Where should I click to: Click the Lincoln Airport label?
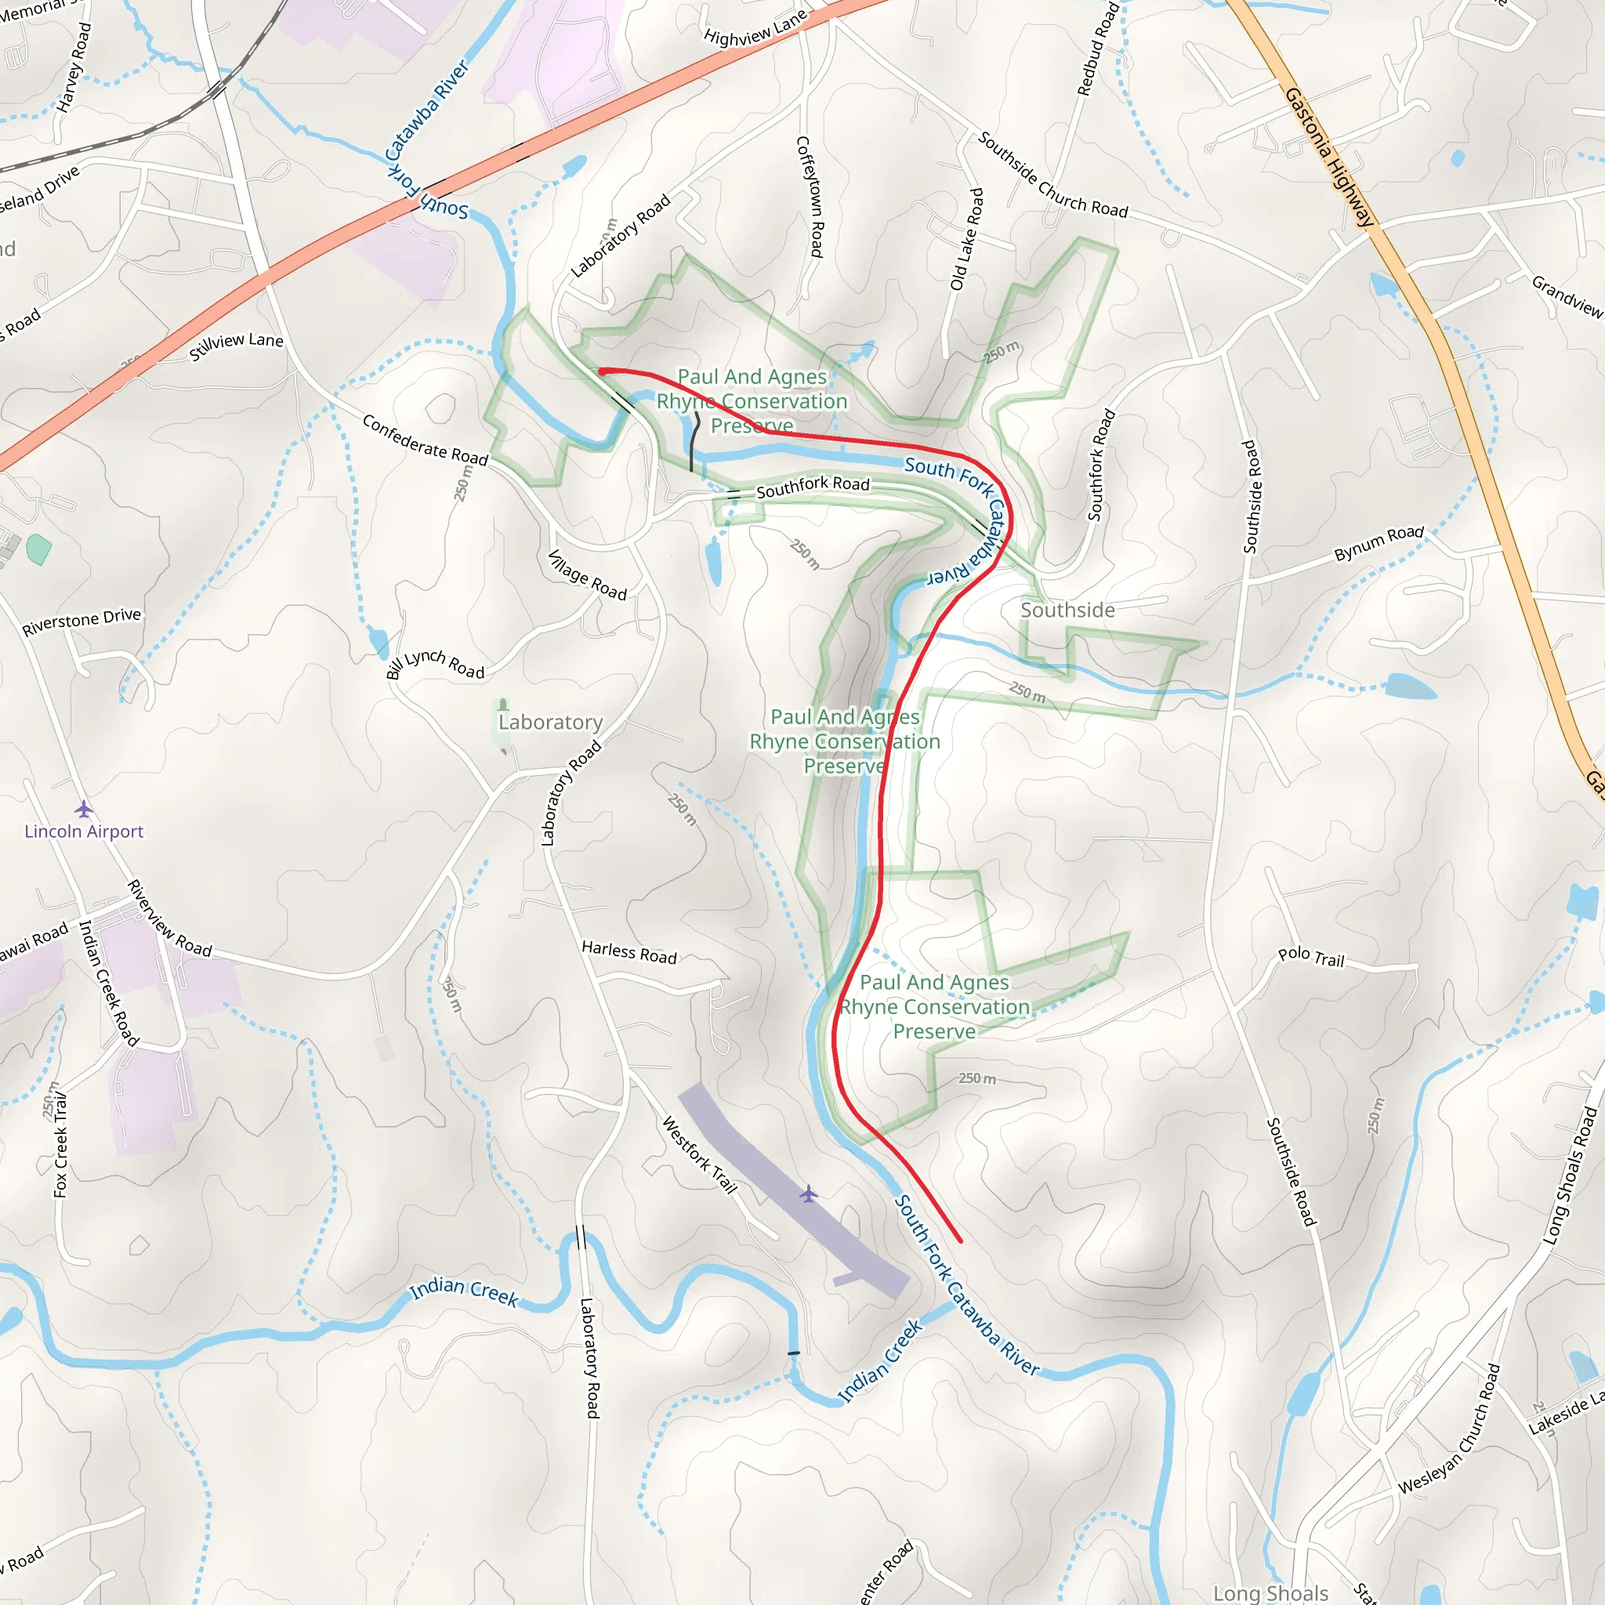pyautogui.click(x=83, y=831)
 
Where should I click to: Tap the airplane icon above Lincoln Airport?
pyautogui.click(x=83, y=808)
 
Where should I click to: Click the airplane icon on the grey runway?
pyautogui.click(x=808, y=1194)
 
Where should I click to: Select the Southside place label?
pyautogui.click(x=1067, y=610)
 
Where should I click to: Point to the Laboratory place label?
pyautogui.click(x=550, y=722)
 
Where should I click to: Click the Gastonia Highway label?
pyautogui.click(x=1328, y=157)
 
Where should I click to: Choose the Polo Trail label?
pyautogui.click(x=1311, y=957)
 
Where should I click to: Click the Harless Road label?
pyautogui.click(x=629, y=952)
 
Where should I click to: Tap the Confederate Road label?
pyautogui.click(x=425, y=441)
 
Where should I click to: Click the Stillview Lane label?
pyautogui.click(x=236, y=346)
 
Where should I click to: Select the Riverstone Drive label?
pyautogui.click(x=82, y=621)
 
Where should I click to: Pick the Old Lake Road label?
pyautogui.click(x=967, y=239)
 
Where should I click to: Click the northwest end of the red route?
pyautogui.click(x=601, y=371)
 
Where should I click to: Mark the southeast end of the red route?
pyautogui.click(x=960, y=1241)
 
